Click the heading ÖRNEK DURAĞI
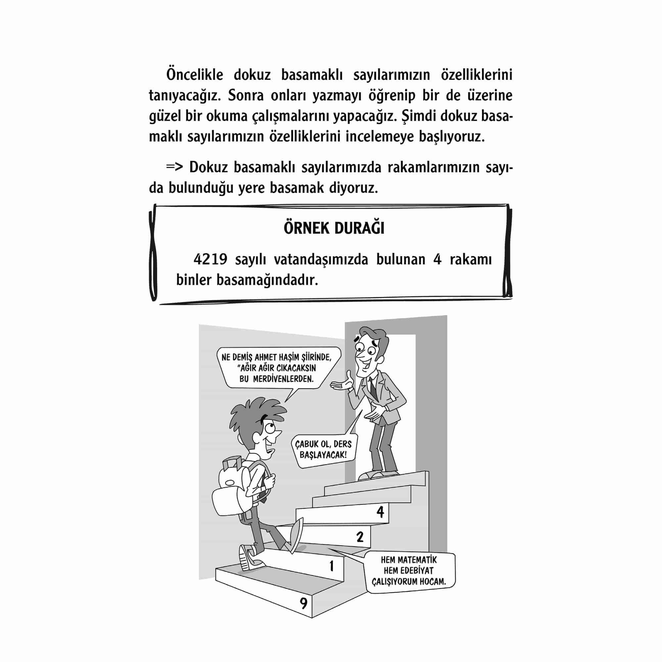click(x=334, y=228)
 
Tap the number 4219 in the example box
click(x=210, y=260)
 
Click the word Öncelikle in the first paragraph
click(x=195, y=75)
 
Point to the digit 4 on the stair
click(x=380, y=512)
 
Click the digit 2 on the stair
click(x=359, y=537)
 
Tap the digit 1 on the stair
click(x=331, y=566)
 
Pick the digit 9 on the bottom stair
click(x=303, y=603)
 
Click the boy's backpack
click(x=233, y=487)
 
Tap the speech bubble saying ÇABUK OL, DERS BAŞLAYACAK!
click(x=323, y=449)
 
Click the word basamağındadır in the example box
click(x=267, y=280)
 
